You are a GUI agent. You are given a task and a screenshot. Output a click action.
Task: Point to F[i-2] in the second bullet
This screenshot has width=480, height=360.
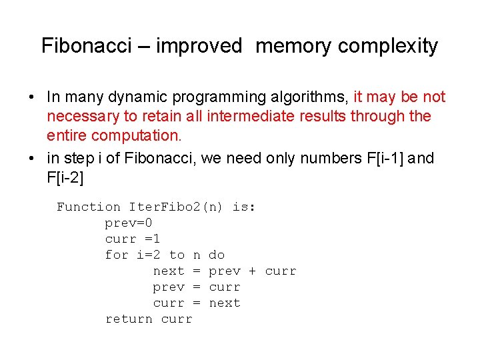pyautogui.click(x=66, y=177)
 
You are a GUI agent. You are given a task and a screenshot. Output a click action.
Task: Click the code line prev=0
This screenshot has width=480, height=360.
pyautogui.click(x=129, y=223)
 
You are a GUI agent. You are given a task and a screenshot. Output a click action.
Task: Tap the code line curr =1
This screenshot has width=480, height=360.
pyautogui.click(x=133, y=239)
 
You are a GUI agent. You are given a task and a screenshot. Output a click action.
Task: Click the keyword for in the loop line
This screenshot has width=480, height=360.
pyautogui.click(x=117, y=255)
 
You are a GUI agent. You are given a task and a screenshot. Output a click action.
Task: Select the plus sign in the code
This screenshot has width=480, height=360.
pyautogui.click(x=253, y=271)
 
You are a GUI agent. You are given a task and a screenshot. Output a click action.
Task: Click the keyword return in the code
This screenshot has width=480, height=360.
pyautogui.click(x=129, y=319)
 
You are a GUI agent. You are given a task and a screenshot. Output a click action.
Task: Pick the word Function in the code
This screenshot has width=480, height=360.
pyautogui.click(x=89, y=207)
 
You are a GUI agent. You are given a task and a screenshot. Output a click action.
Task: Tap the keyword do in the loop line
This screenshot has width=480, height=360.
pyautogui.click(x=217, y=255)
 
